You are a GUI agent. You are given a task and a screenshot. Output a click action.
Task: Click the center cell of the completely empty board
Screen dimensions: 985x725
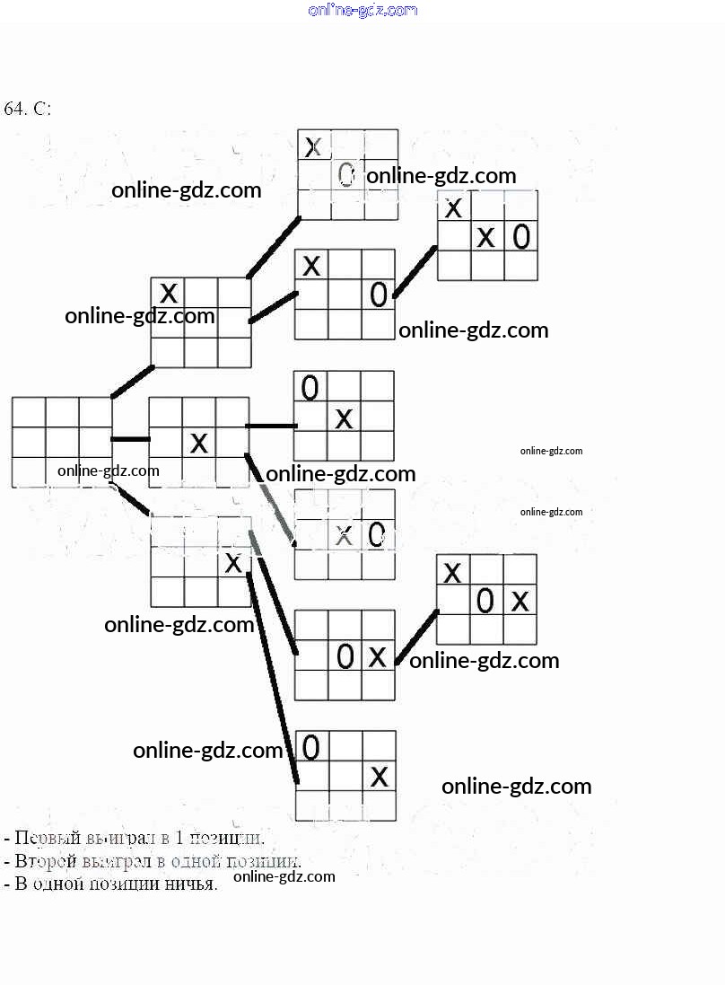(x=62, y=442)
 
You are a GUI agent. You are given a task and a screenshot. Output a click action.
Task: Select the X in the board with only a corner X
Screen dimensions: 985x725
(x=168, y=293)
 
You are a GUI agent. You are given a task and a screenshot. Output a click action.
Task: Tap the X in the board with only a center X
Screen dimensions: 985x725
(x=199, y=442)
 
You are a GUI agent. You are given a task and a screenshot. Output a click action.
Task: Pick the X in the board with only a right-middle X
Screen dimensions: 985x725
(x=232, y=563)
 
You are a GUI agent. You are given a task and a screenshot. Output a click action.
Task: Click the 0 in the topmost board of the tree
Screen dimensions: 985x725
(x=346, y=174)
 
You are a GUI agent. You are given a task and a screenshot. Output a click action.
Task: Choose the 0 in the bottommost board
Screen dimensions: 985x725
(x=311, y=746)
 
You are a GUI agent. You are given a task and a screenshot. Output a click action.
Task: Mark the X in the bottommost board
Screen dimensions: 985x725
(x=380, y=776)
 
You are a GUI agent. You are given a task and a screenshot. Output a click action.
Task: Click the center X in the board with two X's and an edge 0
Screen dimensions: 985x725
(x=485, y=237)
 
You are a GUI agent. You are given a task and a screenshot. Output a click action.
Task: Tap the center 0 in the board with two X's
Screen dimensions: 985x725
(x=485, y=600)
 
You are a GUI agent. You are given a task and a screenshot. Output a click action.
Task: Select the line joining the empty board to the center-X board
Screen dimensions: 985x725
(x=130, y=439)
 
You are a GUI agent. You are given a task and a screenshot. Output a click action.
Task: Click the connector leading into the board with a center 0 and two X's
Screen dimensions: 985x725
(x=416, y=635)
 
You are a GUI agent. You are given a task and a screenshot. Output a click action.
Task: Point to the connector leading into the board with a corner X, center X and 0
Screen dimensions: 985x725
(x=415, y=269)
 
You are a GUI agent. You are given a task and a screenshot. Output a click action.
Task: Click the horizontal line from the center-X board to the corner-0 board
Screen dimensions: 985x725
(x=271, y=426)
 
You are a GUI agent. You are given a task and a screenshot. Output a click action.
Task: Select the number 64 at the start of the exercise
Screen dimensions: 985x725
(x=13, y=109)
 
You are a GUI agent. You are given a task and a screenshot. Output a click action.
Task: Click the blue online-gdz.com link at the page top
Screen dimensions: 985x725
(x=362, y=10)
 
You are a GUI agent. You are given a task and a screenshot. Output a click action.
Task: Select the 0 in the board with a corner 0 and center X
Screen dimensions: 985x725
(x=310, y=388)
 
